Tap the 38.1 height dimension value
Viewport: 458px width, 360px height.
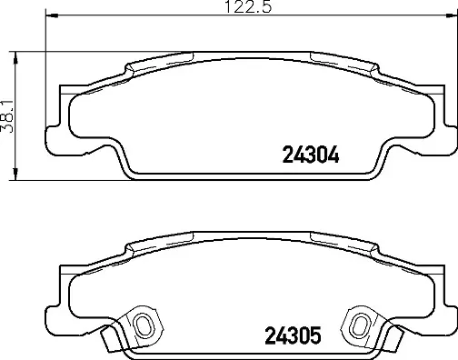[9, 115]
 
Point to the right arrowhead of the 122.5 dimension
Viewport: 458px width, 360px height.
[451, 16]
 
